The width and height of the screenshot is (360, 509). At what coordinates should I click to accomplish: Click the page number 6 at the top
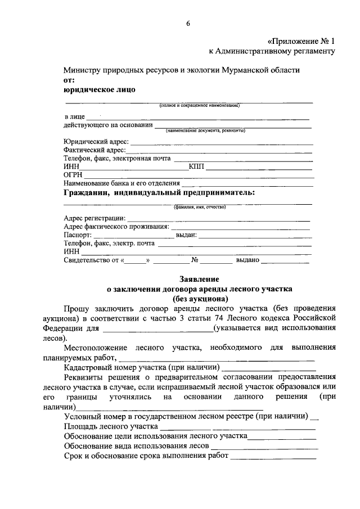pos(188,23)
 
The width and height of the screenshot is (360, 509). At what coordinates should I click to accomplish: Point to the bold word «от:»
pos(69,80)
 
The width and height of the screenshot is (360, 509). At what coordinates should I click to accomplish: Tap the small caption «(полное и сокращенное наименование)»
pos(200,105)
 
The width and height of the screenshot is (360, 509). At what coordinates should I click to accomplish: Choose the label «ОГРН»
pos(73,175)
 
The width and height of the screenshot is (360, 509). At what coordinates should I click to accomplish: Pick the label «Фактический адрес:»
pos(94,150)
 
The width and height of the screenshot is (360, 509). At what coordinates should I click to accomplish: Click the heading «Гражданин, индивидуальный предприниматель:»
pos(159,193)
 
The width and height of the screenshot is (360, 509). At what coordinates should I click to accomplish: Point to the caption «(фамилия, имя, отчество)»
pos(200,207)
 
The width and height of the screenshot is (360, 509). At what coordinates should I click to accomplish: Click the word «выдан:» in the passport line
pos(186,235)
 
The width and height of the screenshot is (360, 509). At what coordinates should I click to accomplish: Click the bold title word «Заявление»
pos(199,279)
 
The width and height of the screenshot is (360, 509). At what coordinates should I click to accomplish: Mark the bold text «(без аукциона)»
pos(199,299)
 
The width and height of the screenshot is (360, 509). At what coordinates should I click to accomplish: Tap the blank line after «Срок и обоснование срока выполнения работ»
pos(273,457)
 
